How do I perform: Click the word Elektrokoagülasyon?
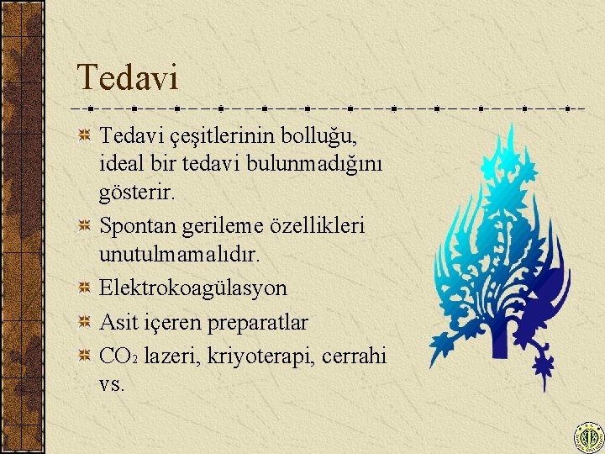point(193,288)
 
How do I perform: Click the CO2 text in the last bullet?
point(118,356)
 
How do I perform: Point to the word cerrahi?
point(355,356)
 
